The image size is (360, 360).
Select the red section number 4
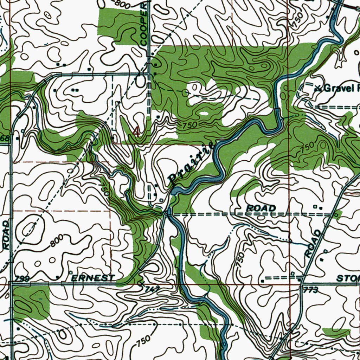pos(136,132)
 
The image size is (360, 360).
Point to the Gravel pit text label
pos(339,88)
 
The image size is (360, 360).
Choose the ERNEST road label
pos(93,278)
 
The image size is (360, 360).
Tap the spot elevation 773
pos(312,290)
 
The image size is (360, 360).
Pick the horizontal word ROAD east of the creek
pos(261,208)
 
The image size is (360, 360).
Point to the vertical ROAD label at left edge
pos(6,236)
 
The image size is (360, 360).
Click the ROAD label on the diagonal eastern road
pos(313,243)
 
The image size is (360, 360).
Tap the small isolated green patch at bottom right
pos(336,332)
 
